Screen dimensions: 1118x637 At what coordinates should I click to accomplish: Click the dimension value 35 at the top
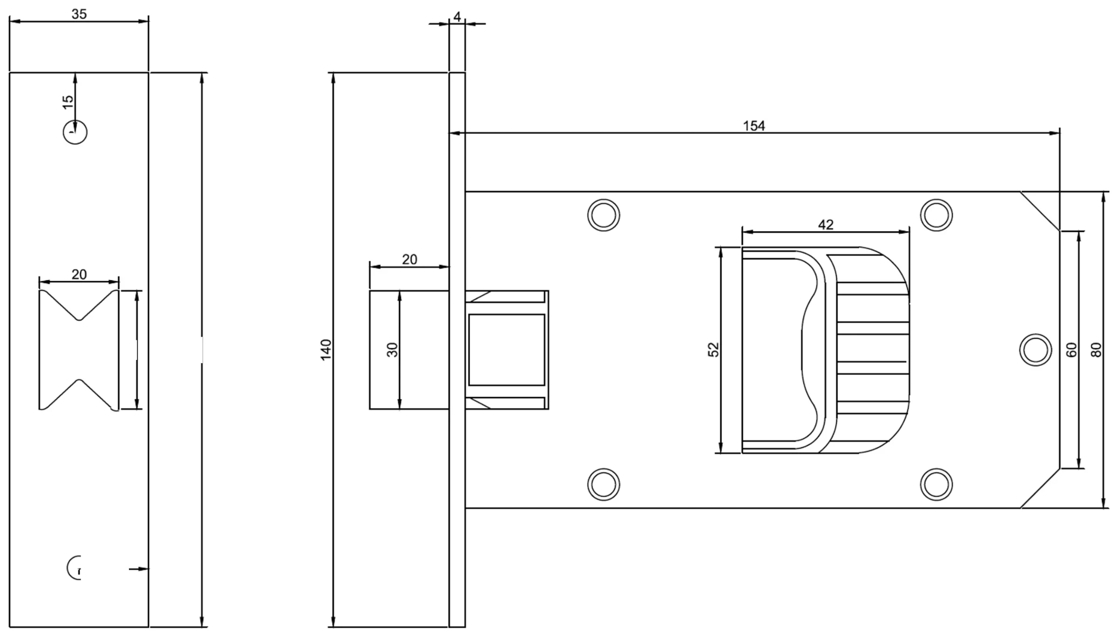pos(79,14)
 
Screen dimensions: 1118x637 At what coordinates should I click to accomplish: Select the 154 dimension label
pos(754,126)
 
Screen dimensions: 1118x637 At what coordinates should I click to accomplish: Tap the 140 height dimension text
pos(326,349)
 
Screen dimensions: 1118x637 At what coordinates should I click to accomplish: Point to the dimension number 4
pos(457,17)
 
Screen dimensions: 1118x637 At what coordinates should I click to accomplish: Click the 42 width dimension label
pos(825,225)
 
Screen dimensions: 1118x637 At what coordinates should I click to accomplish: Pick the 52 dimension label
pos(714,350)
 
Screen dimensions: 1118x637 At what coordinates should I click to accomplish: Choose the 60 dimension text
pos(1072,350)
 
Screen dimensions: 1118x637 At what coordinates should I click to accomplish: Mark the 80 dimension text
pos(1097,350)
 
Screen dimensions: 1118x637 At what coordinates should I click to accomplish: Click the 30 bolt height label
pos(393,350)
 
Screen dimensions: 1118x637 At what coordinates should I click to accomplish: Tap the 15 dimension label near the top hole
pos(68,102)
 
